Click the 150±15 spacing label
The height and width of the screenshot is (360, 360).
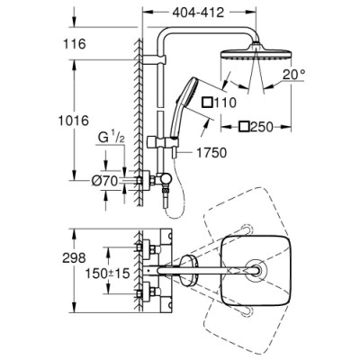(x=87, y=270)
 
